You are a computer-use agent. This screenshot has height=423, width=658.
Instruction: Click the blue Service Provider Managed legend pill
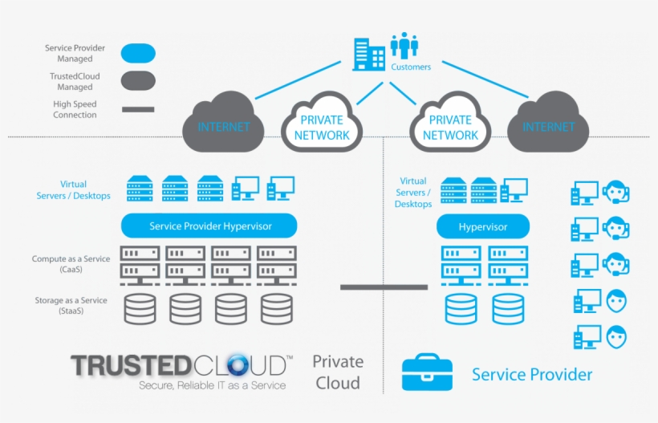137,54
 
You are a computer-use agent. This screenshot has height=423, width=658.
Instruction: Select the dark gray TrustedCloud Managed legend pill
137,81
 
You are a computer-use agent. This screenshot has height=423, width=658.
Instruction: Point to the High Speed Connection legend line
137,109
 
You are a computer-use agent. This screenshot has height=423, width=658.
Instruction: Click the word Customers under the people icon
411,67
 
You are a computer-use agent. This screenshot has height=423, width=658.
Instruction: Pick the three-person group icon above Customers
404,45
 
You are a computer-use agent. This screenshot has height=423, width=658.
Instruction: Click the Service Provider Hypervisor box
210,226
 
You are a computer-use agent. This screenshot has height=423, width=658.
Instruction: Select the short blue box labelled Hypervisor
483,227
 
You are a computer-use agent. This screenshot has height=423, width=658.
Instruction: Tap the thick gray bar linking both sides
384,286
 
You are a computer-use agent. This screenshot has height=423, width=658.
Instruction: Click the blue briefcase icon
428,373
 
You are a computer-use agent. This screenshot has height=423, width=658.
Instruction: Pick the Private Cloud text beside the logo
338,372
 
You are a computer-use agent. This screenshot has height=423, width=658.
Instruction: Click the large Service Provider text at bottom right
532,375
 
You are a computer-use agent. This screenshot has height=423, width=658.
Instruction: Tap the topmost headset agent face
616,193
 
